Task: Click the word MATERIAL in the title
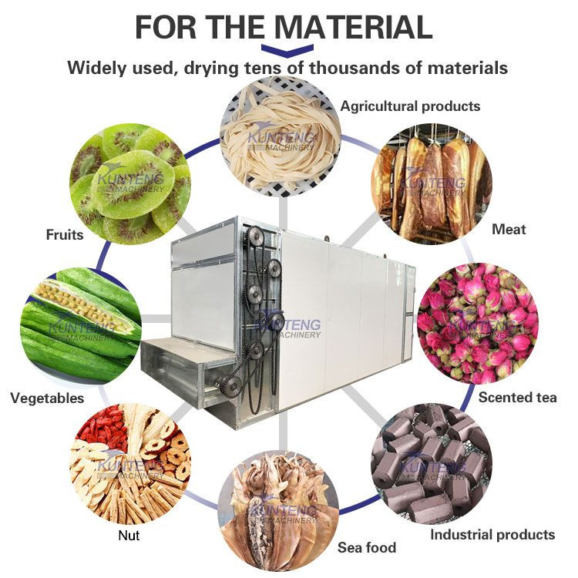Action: click(354, 27)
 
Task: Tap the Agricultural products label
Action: click(410, 106)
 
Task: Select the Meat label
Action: click(509, 229)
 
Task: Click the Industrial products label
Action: click(492, 534)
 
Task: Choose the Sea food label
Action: click(367, 548)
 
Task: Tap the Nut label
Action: click(129, 535)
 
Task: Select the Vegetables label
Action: click(47, 398)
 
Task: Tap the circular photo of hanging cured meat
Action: click(432, 183)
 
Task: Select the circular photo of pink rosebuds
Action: click(476, 323)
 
